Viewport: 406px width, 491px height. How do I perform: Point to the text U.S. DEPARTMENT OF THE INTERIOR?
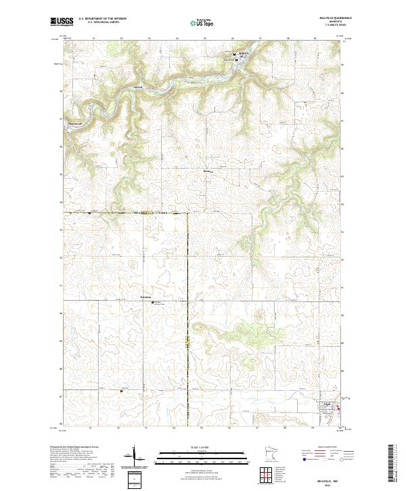tap(102, 18)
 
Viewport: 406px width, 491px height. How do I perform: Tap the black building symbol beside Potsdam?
tap(153, 302)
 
